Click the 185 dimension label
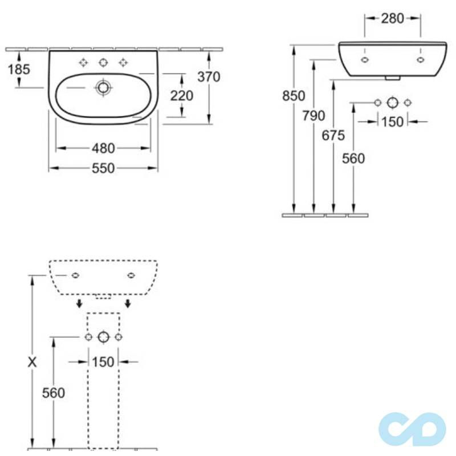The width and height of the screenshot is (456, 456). (19, 70)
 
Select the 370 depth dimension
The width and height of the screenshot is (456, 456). (209, 76)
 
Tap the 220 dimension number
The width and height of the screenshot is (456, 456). (182, 96)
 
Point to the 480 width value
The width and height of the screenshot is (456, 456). (103, 148)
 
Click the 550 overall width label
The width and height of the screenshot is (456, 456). (103, 168)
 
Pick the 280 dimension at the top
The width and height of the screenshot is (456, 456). (392, 18)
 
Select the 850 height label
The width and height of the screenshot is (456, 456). (294, 96)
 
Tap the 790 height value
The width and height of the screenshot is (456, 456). (313, 116)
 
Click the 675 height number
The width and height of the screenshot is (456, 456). (333, 136)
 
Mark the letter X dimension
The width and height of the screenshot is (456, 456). (32, 361)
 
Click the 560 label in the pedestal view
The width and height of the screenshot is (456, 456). (53, 392)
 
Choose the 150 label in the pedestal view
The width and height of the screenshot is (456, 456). (103, 362)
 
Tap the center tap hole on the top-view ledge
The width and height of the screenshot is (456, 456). (103, 63)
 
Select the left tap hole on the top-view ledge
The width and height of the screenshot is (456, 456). (84, 63)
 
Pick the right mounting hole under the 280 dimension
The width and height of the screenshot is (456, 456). (421, 59)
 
